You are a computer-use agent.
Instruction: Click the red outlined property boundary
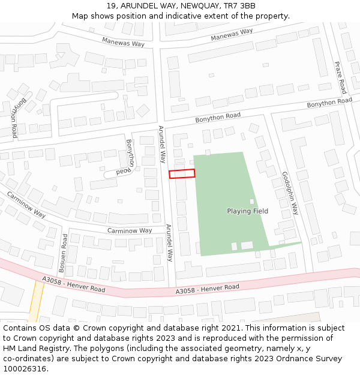tap(182, 173)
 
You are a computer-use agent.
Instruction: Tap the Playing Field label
tap(247, 211)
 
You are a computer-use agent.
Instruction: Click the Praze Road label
tap(340, 77)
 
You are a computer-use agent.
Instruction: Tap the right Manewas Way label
tap(232, 35)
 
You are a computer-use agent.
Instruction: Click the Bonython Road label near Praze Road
tap(329, 103)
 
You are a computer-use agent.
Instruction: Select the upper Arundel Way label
tap(161, 145)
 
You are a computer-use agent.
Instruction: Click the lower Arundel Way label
tap(169, 243)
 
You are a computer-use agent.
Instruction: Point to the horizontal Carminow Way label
tap(130, 230)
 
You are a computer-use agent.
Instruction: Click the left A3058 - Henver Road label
tap(74, 284)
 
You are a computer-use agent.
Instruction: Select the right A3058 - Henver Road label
tap(208, 289)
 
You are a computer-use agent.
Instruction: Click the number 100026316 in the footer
tap(25, 369)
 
